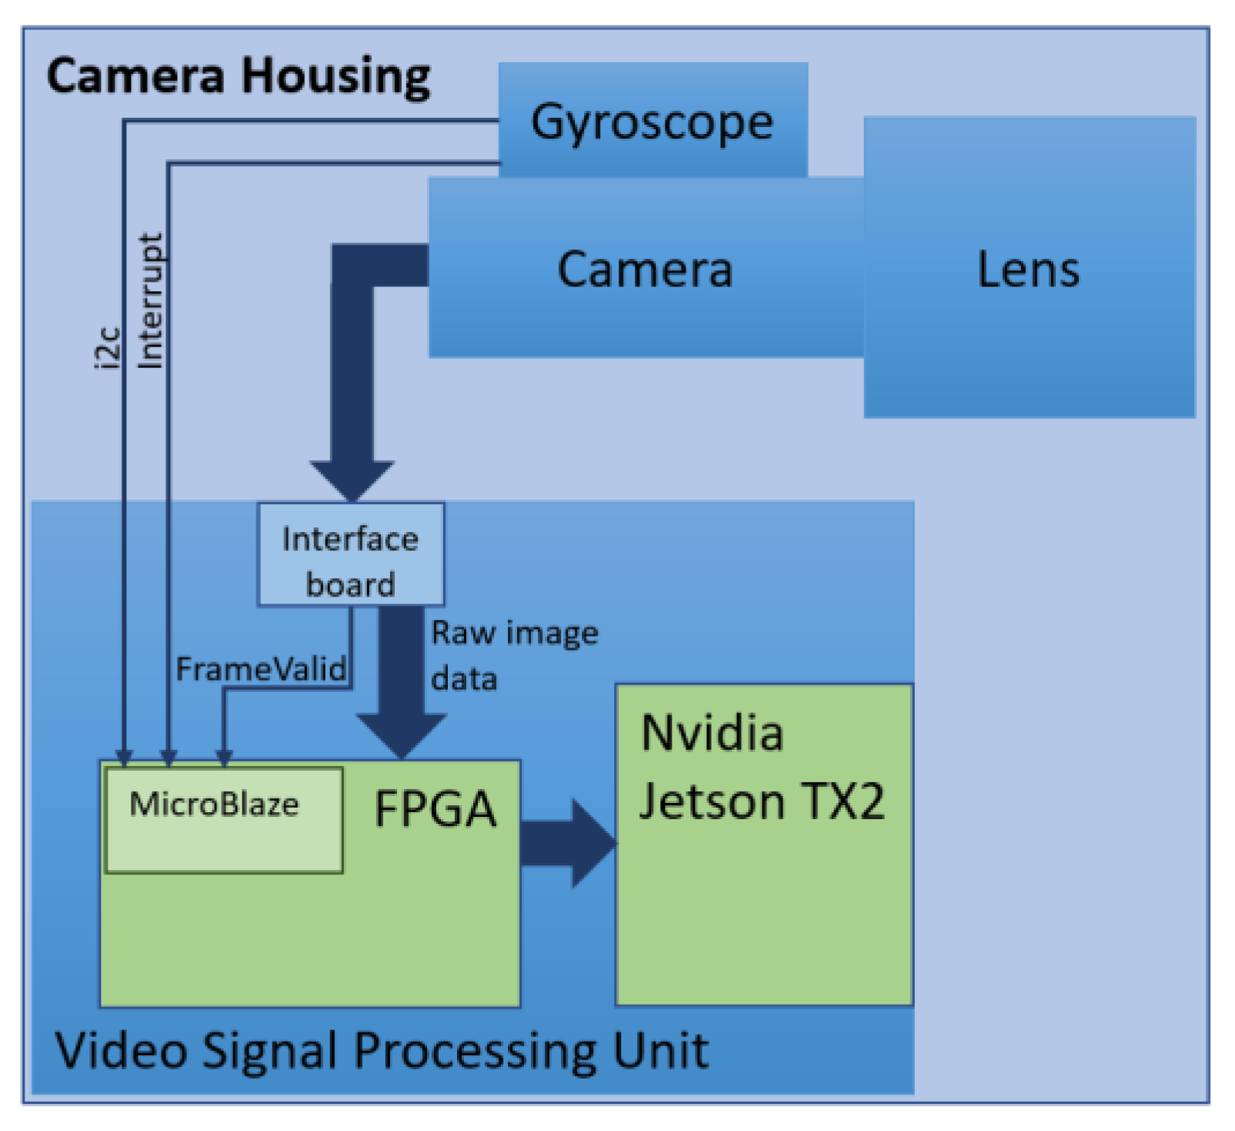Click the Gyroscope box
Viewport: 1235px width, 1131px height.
click(x=653, y=121)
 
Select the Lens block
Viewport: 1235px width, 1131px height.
click(x=1029, y=268)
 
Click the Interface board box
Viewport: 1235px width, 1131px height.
click(x=350, y=554)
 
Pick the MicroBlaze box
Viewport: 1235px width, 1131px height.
click(x=223, y=819)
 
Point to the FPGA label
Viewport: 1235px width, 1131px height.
click(x=435, y=809)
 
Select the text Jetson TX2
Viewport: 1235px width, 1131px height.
click(x=762, y=801)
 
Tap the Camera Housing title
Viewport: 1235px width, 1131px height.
click(x=239, y=77)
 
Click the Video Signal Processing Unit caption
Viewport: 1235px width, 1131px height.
click(x=382, y=1050)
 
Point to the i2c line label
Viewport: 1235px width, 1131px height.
click(x=109, y=348)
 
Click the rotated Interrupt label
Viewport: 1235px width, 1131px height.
click(x=150, y=300)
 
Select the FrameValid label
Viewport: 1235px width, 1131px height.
click(x=261, y=669)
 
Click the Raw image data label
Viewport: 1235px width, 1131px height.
click(x=514, y=655)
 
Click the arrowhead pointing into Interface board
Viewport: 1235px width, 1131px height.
click(x=352, y=480)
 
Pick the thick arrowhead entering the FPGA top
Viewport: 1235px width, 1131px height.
click(x=401, y=735)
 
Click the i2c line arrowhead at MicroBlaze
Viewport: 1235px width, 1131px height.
click(x=124, y=758)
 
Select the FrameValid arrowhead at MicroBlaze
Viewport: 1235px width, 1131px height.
click(x=224, y=758)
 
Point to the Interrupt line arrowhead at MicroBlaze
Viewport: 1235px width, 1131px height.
click(x=169, y=758)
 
